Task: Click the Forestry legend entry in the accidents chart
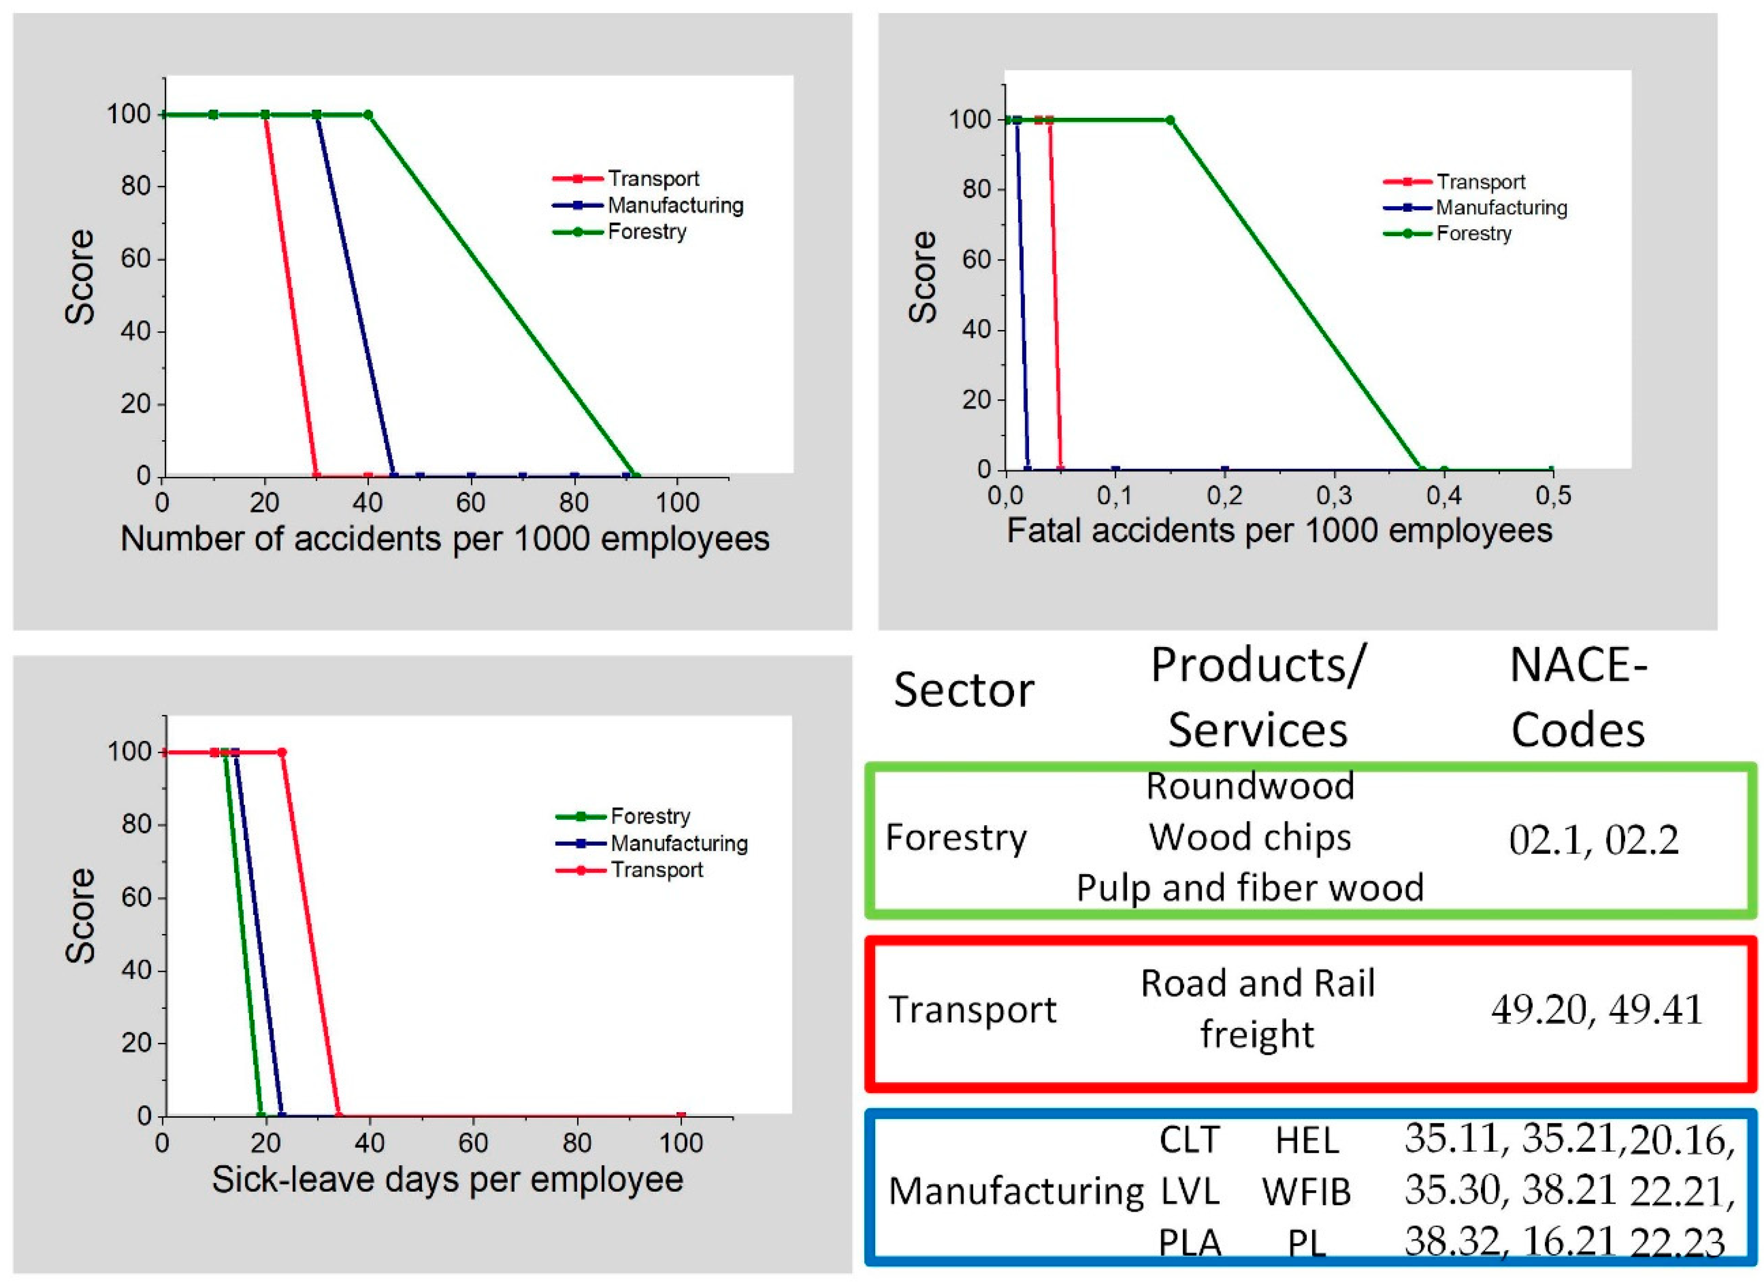coord(646,232)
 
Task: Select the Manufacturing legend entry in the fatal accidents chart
coord(1500,208)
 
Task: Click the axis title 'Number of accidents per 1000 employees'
coord(445,538)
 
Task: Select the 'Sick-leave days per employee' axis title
coord(447,1179)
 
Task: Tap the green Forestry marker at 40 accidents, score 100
coord(368,115)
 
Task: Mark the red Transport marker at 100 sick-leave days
coord(681,1116)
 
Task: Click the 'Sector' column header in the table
coord(963,690)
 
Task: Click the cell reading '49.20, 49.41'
coord(1597,1010)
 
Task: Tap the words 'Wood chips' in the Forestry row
coord(1250,838)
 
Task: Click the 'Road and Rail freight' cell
coord(1257,1008)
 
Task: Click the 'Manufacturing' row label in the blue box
coord(1016,1191)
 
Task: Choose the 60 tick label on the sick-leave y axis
coord(136,898)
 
